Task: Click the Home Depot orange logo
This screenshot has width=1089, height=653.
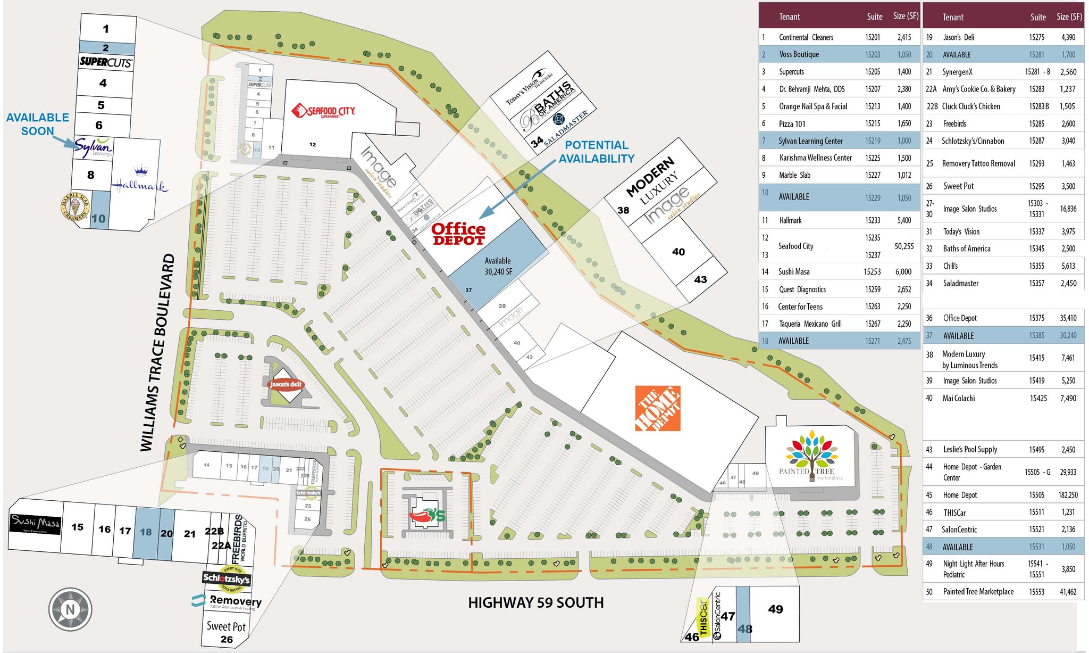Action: pos(658,408)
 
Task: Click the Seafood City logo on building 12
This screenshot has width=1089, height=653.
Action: pos(323,111)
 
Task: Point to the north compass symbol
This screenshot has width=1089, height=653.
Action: pos(70,609)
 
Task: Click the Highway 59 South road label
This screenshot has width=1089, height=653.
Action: pos(535,602)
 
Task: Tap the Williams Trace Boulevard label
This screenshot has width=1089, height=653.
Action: pos(157,352)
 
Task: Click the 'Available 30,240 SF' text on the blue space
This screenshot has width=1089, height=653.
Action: pos(498,266)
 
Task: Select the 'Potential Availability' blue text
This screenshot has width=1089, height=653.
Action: pos(596,152)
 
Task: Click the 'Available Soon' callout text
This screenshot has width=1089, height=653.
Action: pos(37,124)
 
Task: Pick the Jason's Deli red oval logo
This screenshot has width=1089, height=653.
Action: pos(286,384)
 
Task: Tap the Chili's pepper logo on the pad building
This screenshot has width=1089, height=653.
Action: pos(427,515)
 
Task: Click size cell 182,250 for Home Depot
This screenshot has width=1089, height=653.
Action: pos(1068,495)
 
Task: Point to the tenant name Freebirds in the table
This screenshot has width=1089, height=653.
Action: pos(954,123)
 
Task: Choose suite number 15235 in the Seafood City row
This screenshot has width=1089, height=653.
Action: pos(873,237)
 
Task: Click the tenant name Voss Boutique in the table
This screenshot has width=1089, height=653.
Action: pos(799,54)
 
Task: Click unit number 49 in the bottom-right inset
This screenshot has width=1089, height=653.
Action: pos(775,609)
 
